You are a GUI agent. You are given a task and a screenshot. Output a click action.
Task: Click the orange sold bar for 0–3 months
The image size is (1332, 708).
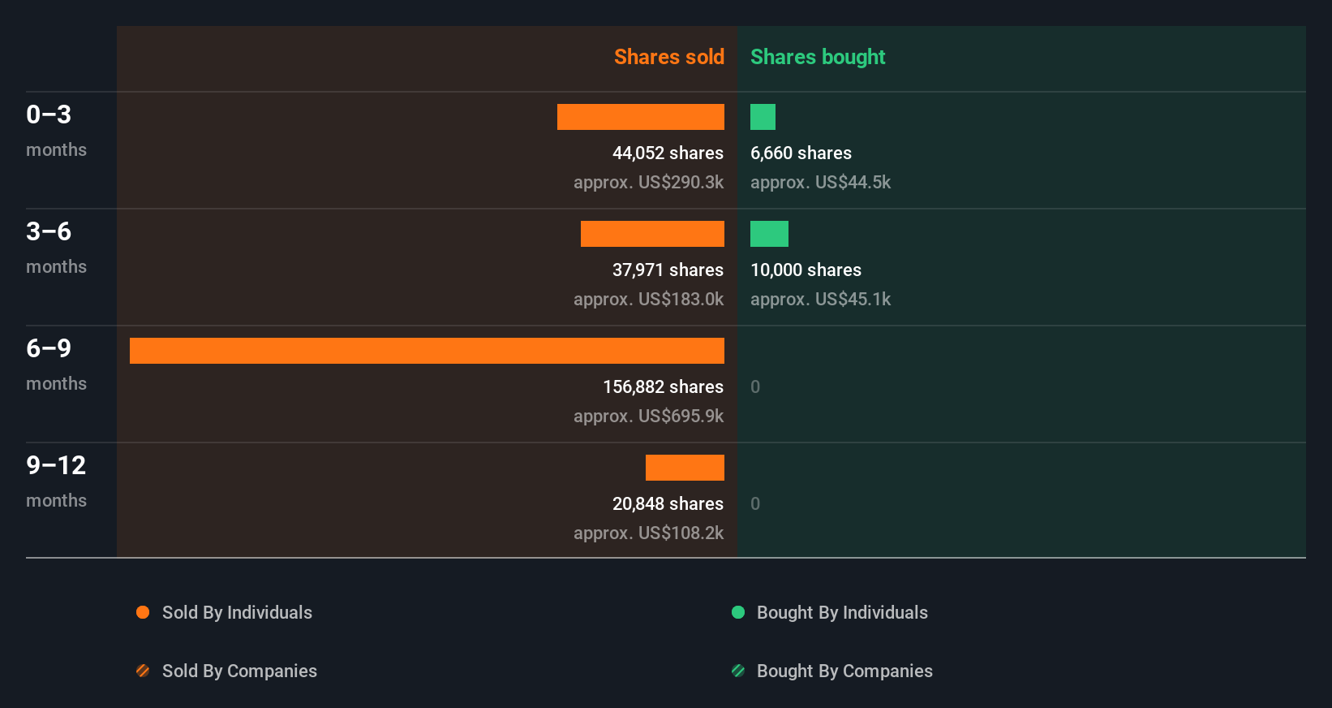click(641, 117)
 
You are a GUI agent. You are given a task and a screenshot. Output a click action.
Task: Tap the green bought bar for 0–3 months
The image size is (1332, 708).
click(763, 117)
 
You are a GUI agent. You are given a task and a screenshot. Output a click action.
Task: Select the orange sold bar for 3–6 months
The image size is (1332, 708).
click(652, 234)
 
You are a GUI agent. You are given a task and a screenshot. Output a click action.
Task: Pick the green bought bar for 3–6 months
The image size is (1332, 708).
click(769, 234)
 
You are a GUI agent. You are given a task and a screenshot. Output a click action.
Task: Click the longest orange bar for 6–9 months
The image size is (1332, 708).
click(427, 351)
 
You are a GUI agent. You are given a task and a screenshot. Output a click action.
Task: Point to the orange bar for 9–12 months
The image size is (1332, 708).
click(685, 468)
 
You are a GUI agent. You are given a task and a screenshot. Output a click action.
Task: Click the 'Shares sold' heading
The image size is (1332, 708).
click(668, 57)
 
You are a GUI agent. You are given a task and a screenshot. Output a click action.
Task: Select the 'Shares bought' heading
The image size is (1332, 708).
click(818, 57)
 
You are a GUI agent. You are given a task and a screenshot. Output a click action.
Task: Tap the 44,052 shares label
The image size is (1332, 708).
click(668, 153)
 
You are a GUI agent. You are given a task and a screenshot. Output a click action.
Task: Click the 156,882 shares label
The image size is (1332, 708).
click(663, 387)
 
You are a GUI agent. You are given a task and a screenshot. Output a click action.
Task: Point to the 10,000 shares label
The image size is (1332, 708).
click(806, 270)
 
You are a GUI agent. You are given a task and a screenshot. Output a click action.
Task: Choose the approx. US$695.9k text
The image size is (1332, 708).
click(648, 417)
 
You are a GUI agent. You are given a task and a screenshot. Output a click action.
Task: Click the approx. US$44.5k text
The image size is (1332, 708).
click(820, 183)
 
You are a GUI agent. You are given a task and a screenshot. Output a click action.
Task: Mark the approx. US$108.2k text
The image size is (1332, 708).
click(648, 533)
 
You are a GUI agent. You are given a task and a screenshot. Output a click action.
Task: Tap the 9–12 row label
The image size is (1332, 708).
click(56, 466)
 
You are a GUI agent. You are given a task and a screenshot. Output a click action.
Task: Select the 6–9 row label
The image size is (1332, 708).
click(49, 349)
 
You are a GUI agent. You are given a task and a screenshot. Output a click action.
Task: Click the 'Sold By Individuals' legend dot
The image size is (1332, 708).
click(143, 612)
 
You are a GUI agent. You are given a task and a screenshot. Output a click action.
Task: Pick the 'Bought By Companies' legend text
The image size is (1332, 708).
click(844, 671)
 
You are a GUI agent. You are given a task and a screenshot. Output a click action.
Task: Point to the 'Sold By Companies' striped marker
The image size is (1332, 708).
click(143, 671)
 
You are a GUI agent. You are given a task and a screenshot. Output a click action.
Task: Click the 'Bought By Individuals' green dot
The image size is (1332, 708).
click(738, 612)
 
